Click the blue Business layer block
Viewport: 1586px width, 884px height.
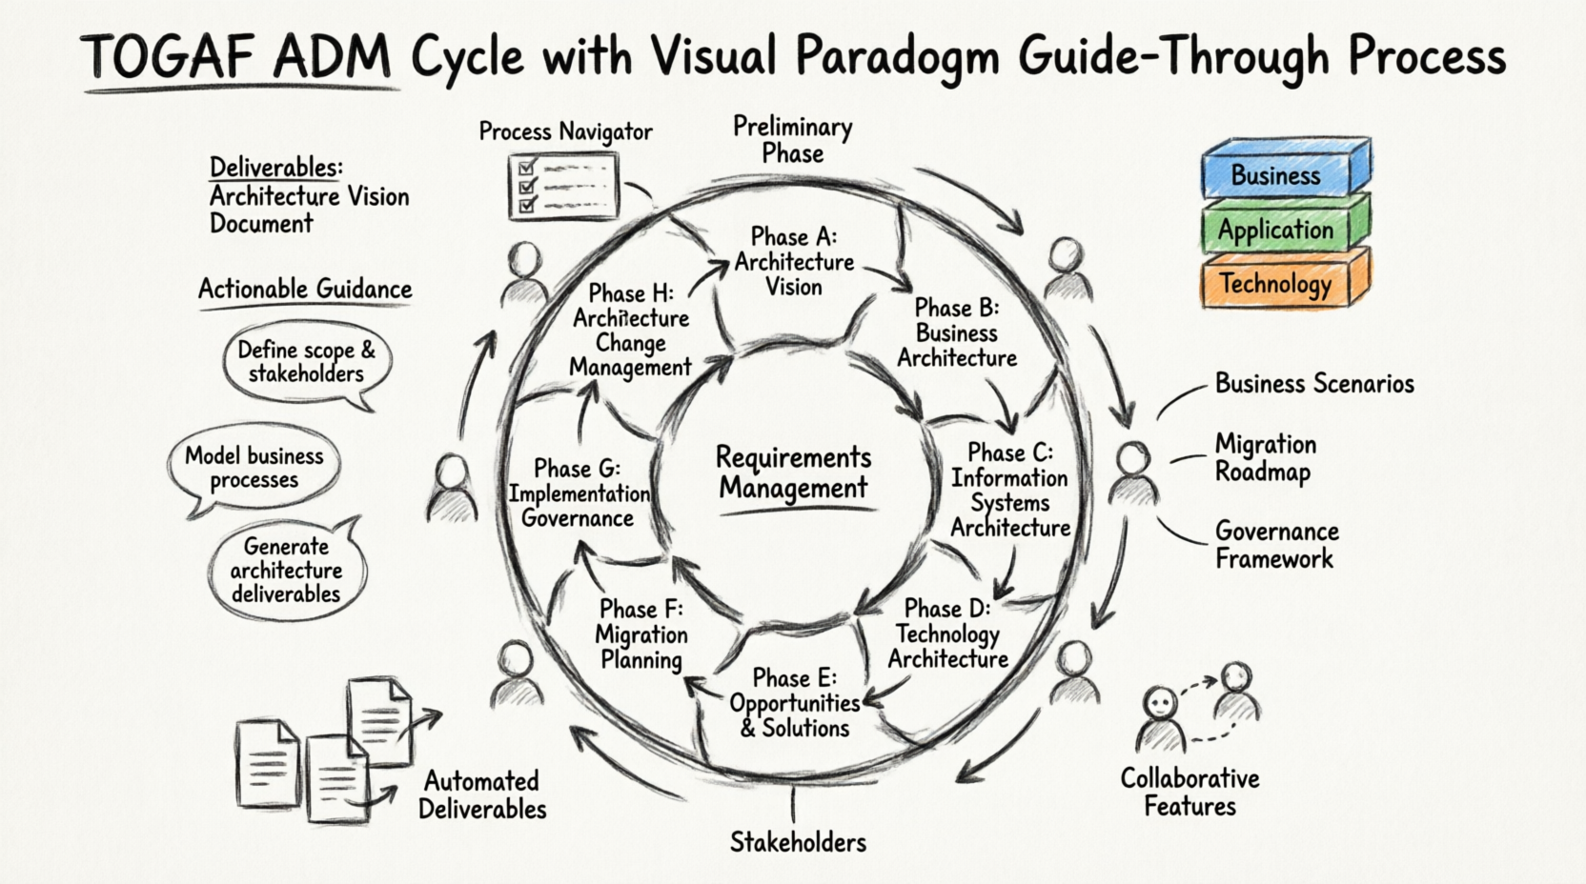1277,174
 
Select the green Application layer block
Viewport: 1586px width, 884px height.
1277,230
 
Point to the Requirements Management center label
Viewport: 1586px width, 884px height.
793,472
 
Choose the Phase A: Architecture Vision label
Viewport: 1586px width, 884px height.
794,262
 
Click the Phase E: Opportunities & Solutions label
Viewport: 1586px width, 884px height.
795,703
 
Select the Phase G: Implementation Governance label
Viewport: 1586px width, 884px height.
579,493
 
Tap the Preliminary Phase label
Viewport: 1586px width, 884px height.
792,140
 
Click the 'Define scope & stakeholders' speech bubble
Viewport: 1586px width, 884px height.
307,362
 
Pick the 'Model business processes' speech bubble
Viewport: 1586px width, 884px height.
254,468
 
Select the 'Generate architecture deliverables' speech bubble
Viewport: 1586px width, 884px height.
286,570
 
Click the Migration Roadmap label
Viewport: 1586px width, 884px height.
1265,458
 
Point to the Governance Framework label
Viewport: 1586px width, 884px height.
1276,545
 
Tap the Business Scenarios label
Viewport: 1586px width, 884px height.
1314,384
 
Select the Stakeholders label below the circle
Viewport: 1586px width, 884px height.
798,842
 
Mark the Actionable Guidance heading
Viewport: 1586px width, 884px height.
305,289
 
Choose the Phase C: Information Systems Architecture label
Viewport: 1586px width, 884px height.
1010,491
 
